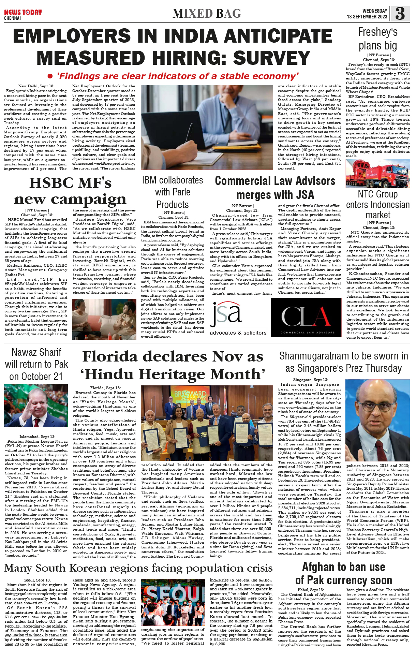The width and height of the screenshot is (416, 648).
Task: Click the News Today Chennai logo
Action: [23, 14]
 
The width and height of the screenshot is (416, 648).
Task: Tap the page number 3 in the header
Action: [400, 14]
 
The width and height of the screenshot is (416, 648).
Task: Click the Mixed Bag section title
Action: [207, 14]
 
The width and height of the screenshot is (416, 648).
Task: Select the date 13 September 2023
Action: [367, 17]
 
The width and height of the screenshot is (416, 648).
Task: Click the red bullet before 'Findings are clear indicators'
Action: [50, 76]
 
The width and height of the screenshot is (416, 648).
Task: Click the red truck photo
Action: [377, 173]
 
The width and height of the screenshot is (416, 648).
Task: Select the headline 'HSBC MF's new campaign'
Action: [70, 191]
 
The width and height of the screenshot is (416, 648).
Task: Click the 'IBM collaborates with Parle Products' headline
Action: [173, 192]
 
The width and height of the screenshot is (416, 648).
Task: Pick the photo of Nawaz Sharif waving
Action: [36, 405]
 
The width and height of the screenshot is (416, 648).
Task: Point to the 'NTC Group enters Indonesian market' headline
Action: [377, 204]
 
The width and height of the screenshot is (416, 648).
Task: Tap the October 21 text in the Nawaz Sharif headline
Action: [36, 377]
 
